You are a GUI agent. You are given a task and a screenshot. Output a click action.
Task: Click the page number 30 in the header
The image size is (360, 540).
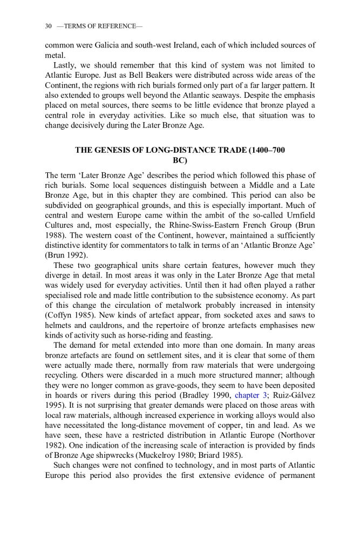point(48,26)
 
